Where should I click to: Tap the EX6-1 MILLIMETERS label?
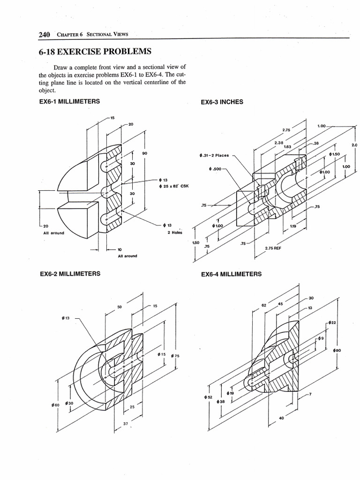pyautogui.click(x=69, y=101)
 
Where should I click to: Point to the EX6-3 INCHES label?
pyautogui.click(x=222, y=102)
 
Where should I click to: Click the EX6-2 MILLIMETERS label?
pyautogui.click(x=69, y=273)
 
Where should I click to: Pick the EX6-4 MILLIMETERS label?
pyautogui.click(x=231, y=274)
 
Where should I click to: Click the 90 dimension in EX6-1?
pyautogui.click(x=144, y=153)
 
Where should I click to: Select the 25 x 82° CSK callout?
pyautogui.click(x=175, y=186)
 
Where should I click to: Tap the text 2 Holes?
pyautogui.click(x=174, y=232)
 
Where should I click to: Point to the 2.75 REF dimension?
pyautogui.click(x=273, y=248)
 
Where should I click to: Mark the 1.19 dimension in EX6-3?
pyautogui.click(x=293, y=226)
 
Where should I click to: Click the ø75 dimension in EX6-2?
pyautogui.click(x=175, y=356)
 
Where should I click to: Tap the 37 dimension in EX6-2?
pyautogui.click(x=125, y=424)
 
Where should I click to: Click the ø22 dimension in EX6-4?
pyautogui.click(x=332, y=322)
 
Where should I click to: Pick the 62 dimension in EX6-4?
pyautogui.click(x=263, y=305)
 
